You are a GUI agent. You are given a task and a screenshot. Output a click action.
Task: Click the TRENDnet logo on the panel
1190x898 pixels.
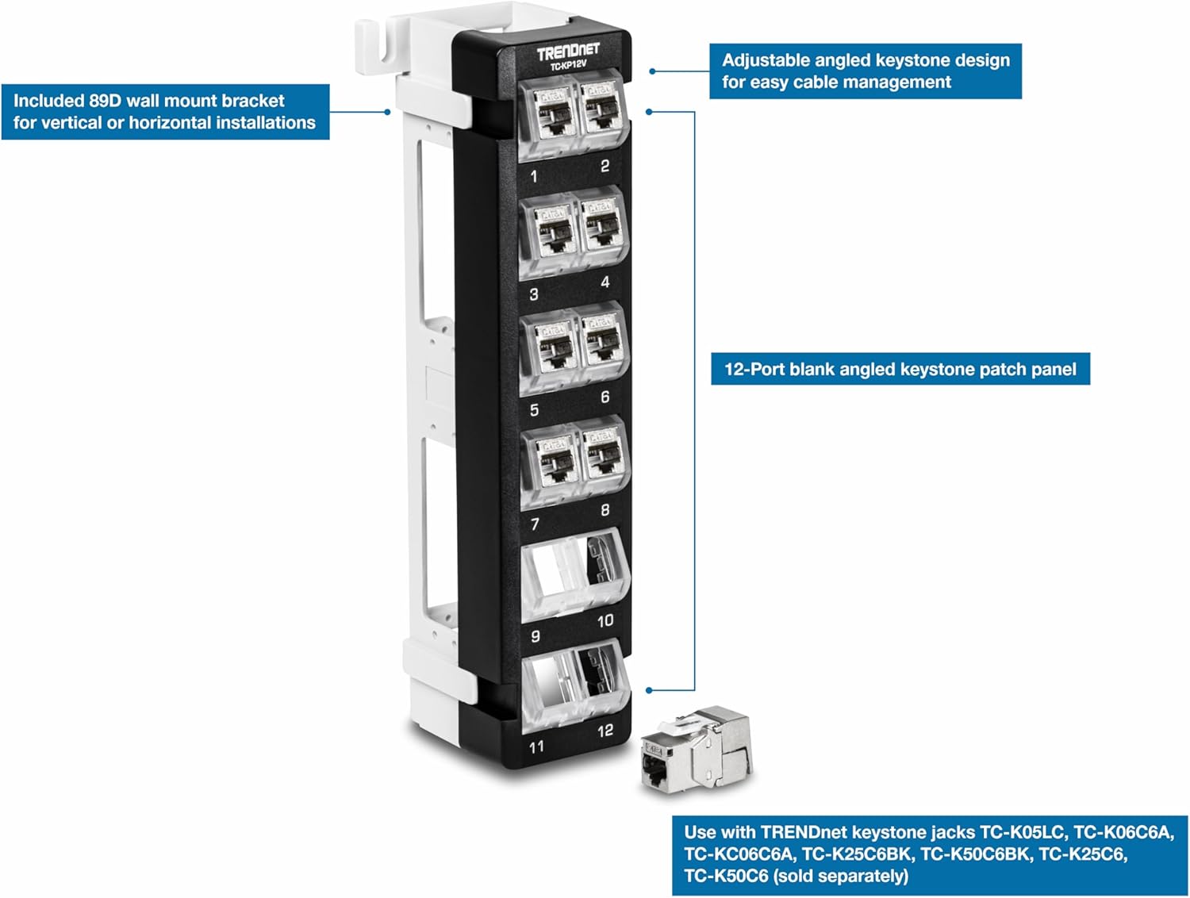pos(567,52)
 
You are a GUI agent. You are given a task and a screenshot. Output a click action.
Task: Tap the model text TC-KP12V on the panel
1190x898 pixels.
pos(568,66)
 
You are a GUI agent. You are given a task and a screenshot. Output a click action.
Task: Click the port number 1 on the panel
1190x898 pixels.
pos(534,175)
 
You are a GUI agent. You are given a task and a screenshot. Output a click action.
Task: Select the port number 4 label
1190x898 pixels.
pos(605,282)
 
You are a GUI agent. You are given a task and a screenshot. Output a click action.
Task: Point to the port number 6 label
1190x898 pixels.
pos(605,397)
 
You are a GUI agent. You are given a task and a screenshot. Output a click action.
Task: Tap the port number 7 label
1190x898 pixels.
pos(535,524)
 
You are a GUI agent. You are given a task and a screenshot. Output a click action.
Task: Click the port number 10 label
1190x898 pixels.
pos(605,620)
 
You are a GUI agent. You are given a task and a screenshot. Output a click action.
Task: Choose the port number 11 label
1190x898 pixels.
pos(537,746)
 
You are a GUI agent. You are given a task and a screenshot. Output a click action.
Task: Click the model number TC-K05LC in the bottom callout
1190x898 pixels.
pos(1022,832)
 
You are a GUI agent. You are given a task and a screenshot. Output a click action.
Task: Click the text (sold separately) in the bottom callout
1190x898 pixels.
pos(840,876)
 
